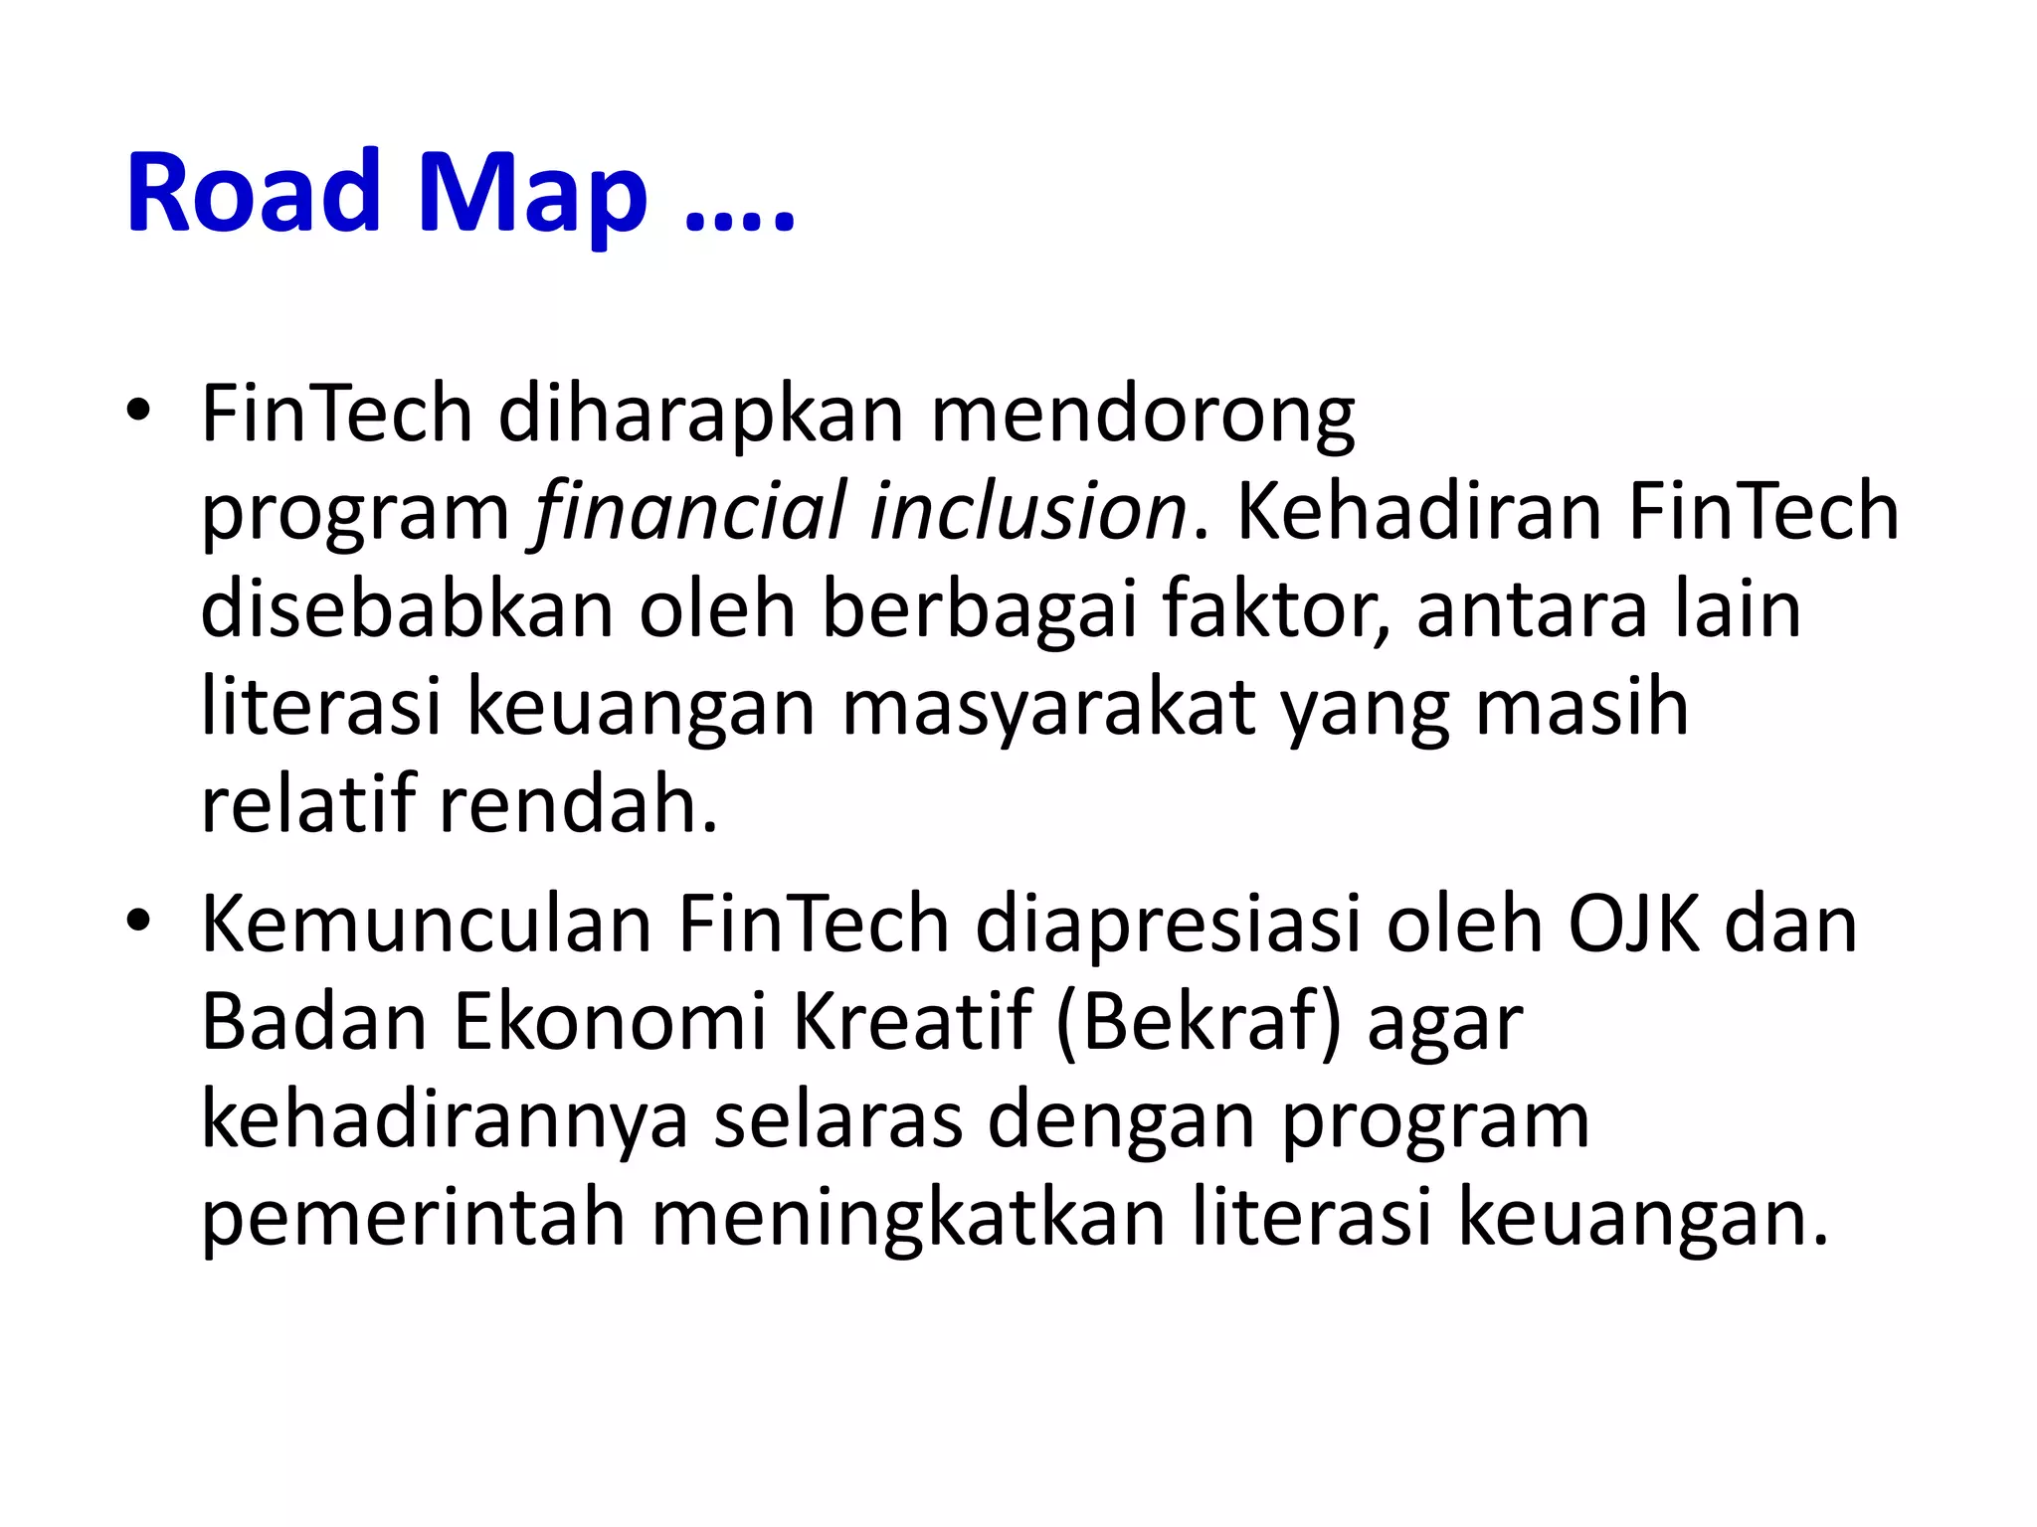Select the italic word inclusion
(1028, 511)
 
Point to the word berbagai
(979, 610)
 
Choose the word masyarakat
(1048, 710)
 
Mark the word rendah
(577, 804)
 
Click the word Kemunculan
(428, 925)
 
